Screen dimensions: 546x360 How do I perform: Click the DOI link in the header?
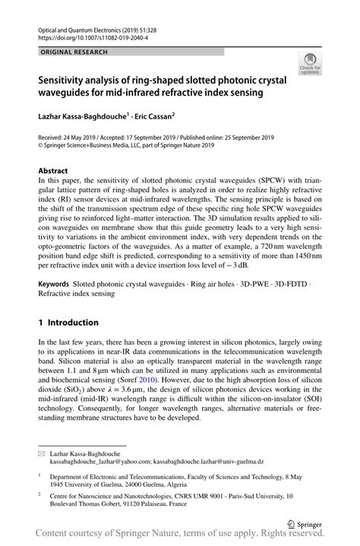96,36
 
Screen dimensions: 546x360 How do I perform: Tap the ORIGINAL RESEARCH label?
74,52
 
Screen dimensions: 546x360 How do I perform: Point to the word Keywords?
55,282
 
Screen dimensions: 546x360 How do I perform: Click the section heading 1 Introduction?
68,322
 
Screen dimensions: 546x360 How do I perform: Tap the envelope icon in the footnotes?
42,453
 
